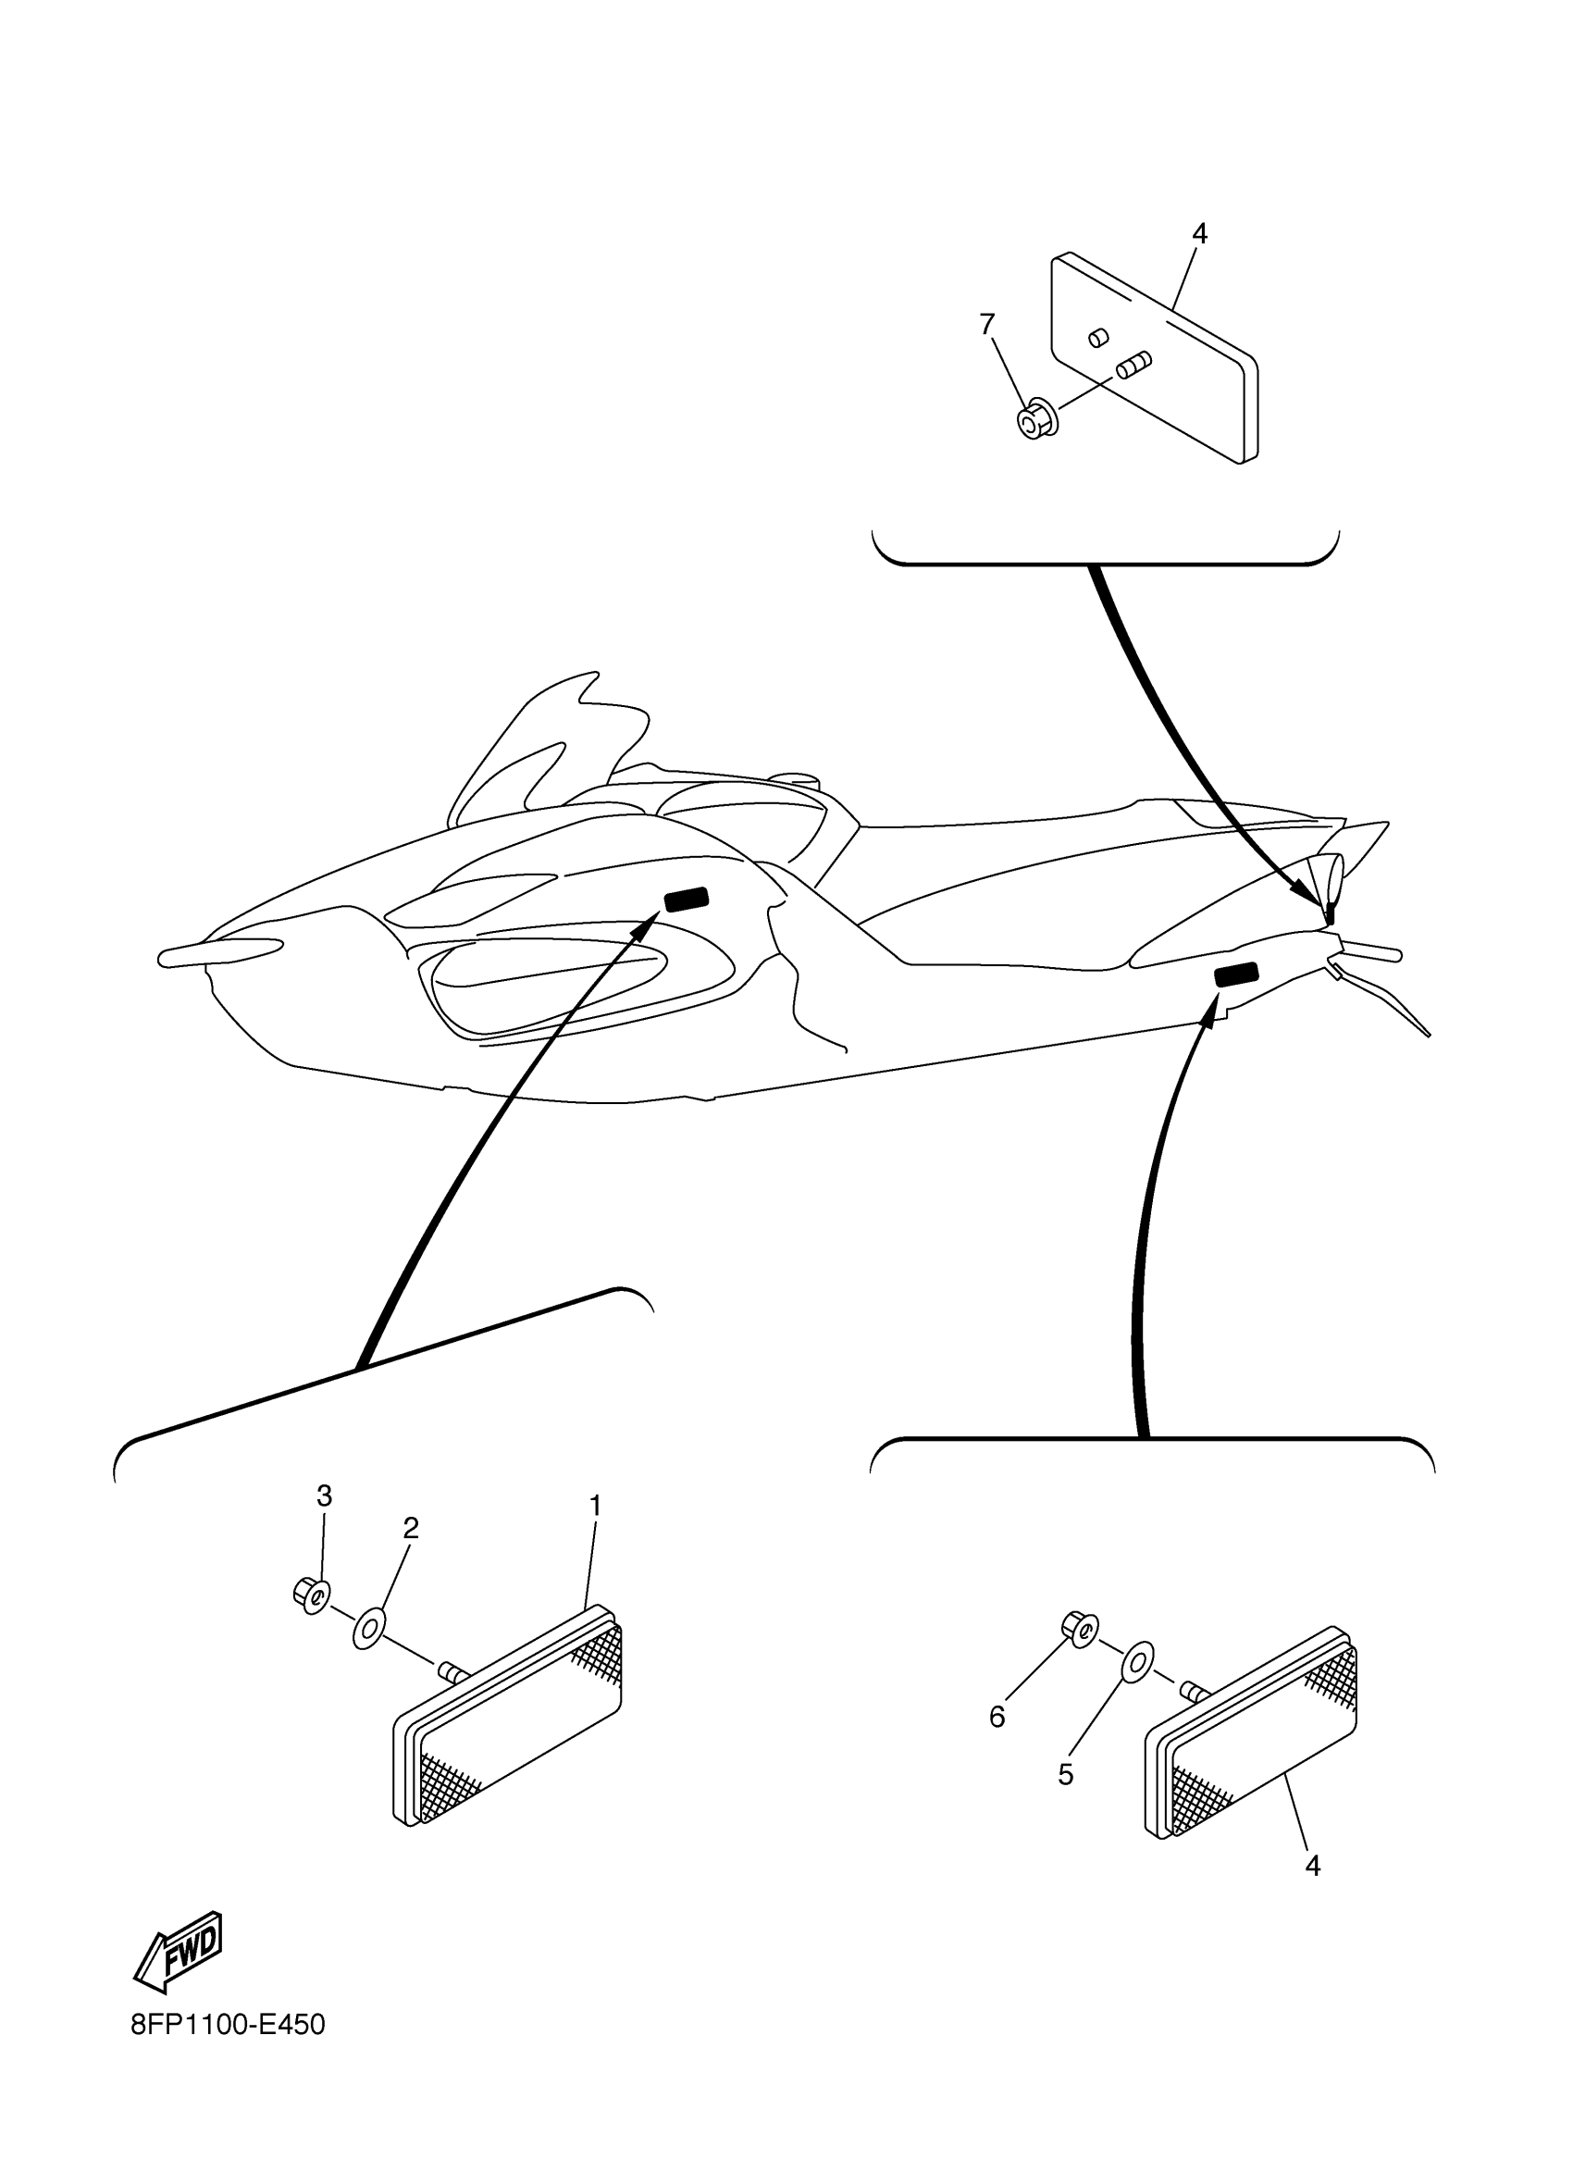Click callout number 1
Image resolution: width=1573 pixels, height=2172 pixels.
(x=595, y=1507)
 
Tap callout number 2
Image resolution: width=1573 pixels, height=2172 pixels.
(x=411, y=1529)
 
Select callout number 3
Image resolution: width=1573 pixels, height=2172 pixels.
(x=325, y=1496)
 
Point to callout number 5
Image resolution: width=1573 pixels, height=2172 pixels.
(x=1066, y=1775)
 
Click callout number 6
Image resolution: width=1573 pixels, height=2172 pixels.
(x=997, y=1717)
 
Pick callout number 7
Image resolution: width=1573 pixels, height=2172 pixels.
(x=987, y=325)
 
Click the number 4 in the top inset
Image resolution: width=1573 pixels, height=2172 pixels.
(x=1199, y=232)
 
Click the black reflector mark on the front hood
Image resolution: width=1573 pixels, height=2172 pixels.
(x=687, y=900)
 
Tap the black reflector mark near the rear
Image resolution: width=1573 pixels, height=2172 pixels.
(x=1236, y=974)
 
